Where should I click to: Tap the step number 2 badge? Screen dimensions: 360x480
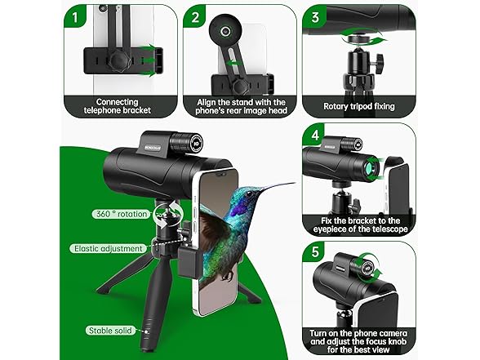click(197, 17)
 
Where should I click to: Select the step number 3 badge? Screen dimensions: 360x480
click(315, 17)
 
